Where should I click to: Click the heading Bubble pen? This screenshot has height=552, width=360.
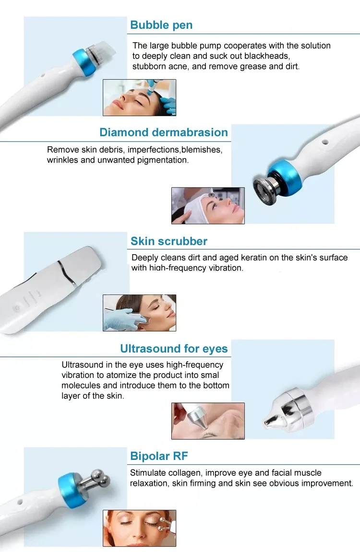[x=161, y=25]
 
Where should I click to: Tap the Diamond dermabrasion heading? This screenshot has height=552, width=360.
[x=164, y=132]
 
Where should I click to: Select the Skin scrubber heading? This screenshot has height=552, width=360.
[x=169, y=241]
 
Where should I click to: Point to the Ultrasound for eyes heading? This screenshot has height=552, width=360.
[x=174, y=348]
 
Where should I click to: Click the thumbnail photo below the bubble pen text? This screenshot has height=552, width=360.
[x=139, y=97]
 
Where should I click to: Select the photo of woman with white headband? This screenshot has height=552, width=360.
[x=208, y=205]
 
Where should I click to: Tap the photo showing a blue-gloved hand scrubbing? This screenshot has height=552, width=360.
[x=139, y=313]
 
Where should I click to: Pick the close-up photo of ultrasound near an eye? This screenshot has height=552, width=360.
[x=208, y=421]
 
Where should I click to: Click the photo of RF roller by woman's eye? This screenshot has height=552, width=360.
[x=139, y=528]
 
